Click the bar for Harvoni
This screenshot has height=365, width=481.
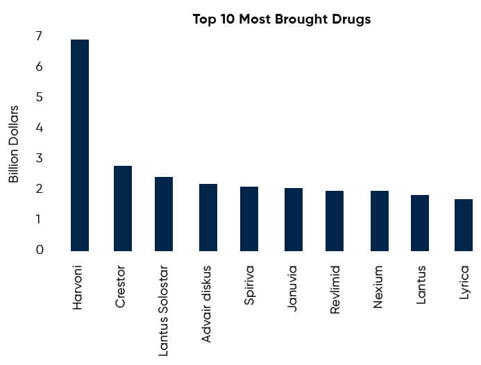pyautogui.click(x=80, y=145)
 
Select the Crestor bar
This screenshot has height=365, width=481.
pyautogui.click(x=123, y=208)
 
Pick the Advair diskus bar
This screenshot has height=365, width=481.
pyautogui.click(x=208, y=217)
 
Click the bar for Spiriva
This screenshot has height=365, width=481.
pyautogui.click(x=249, y=219)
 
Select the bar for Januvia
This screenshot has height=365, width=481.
pyautogui.click(x=294, y=219)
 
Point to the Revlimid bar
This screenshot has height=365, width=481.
pyautogui.click(x=335, y=221)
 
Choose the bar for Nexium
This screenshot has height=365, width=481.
pyautogui.click(x=379, y=221)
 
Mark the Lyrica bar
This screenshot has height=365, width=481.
pyautogui.click(x=464, y=225)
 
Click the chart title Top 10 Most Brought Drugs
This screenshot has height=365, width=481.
pyautogui.click(x=282, y=19)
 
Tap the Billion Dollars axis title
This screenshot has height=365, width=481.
pyautogui.click(x=14, y=144)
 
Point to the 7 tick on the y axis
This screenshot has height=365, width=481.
pyautogui.click(x=39, y=36)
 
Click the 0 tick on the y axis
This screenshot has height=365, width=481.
pyautogui.click(x=39, y=250)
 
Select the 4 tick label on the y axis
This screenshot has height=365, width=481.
pyautogui.click(x=39, y=128)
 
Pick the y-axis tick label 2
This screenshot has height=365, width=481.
pyautogui.click(x=39, y=189)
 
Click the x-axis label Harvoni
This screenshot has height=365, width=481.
pyautogui.click(x=78, y=286)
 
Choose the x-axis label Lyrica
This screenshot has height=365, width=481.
pyautogui.click(x=464, y=282)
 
